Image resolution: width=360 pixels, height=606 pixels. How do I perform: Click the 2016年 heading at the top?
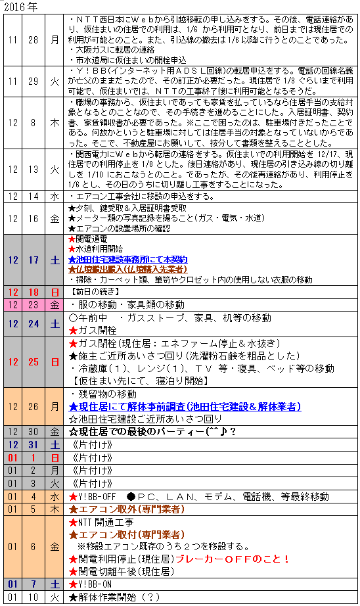[20, 6]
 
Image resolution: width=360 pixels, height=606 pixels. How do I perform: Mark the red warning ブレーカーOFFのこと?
[233, 559]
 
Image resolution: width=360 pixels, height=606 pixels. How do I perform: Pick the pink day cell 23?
[33, 304]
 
